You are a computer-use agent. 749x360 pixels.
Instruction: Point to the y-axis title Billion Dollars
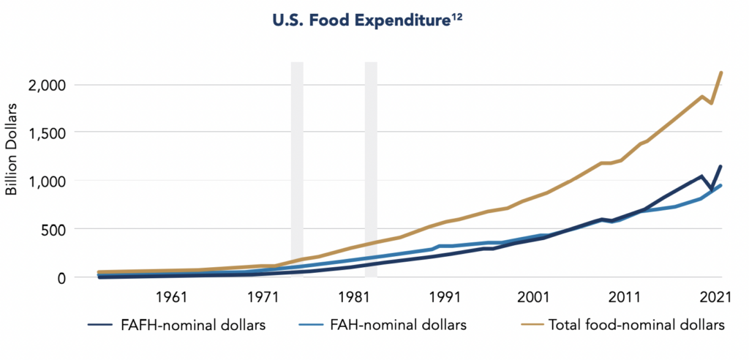coord(12,148)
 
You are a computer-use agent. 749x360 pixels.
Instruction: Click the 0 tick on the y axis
coord(61,277)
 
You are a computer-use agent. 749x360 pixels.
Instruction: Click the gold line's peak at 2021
coord(722,72)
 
